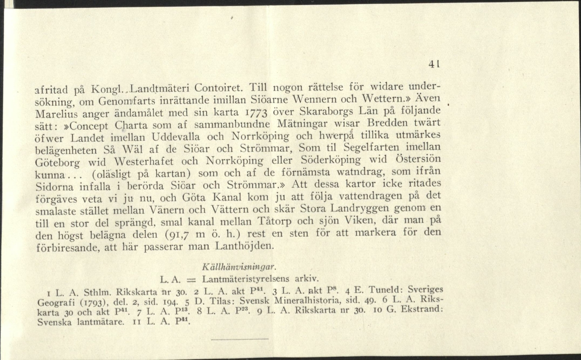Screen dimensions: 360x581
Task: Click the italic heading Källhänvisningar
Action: tap(240, 267)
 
